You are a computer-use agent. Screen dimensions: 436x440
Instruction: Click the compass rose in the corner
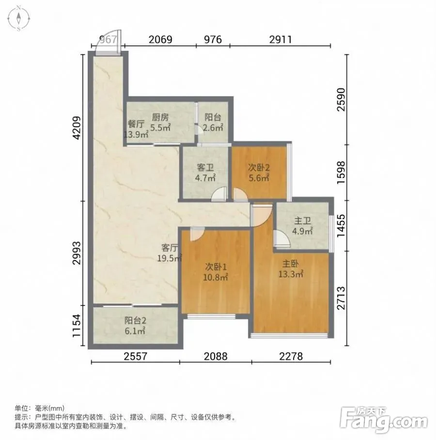click(x=18, y=18)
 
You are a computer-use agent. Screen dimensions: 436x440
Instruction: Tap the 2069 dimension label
click(x=160, y=40)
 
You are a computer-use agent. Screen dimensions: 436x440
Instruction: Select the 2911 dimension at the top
click(x=280, y=40)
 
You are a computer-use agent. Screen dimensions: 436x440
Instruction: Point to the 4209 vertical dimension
click(x=77, y=128)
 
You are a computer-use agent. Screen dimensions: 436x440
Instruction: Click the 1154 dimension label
click(x=77, y=326)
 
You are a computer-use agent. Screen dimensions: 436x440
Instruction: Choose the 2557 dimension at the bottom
click(x=135, y=356)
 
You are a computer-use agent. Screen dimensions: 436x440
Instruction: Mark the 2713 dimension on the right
click(x=341, y=298)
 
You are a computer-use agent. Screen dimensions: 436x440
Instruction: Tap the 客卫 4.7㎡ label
click(x=205, y=173)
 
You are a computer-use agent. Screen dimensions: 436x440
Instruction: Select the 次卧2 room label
click(x=259, y=168)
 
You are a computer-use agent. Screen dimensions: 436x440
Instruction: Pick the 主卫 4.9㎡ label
click(x=302, y=226)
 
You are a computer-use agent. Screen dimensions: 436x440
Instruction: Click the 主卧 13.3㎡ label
click(x=291, y=268)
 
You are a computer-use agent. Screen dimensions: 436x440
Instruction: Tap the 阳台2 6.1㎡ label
click(x=135, y=326)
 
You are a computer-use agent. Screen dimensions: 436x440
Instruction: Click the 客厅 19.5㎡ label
click(x=170, y=253)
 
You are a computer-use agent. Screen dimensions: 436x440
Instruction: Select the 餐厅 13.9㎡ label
click(x=136, y=129)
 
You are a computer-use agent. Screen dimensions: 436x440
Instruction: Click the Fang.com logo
click(x=384, y=420)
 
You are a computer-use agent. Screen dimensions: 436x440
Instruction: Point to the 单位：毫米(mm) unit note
click(x=40, y=408)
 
